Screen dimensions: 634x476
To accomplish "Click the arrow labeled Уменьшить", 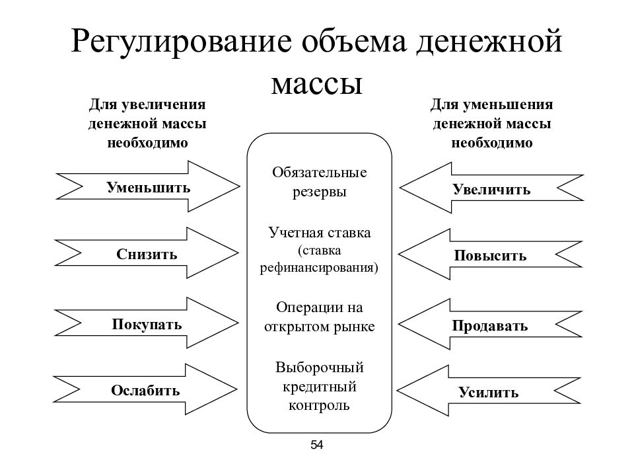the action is pos(148,186).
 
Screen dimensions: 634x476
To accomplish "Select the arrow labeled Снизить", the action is pos(147,253).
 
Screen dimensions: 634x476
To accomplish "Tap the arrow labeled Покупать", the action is pos(147,323).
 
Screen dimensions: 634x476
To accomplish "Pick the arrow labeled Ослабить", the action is pos(145,389).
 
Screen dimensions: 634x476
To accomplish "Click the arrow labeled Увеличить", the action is pos(491,188).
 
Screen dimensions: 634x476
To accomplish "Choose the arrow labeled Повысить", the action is pos(490,254).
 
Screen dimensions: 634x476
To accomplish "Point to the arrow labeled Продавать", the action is pos(490,324).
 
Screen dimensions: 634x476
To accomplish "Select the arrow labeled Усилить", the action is pos(489,391).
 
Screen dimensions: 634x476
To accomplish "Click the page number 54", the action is pos(317,445).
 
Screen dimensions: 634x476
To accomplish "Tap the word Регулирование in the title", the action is pos(182,42).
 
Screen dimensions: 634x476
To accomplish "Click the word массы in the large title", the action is pos(316,84).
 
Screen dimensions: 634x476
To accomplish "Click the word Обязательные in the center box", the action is pos(320,173).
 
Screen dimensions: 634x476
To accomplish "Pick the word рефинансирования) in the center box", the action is pos(319,268).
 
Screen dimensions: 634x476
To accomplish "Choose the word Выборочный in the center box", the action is pos(320,368).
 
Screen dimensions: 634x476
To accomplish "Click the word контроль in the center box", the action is pos(319,405).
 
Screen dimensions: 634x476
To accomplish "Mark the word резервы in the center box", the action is pos(320,192).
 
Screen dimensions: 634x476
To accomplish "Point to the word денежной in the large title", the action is pos(489,42).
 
